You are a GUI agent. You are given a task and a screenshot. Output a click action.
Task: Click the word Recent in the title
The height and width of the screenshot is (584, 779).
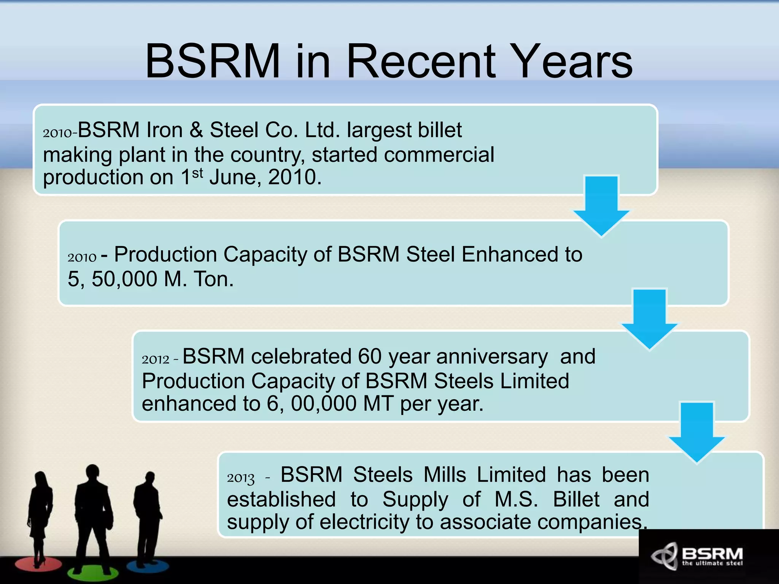[421, 61]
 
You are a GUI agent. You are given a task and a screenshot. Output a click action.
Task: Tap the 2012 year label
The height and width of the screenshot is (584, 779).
[155, 359]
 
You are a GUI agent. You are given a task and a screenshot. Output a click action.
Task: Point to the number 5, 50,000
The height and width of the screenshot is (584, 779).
[112, 279]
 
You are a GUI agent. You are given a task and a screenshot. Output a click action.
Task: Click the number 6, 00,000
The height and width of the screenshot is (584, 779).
[312, 404]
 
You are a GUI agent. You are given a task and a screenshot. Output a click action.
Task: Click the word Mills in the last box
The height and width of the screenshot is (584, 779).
[445, 475]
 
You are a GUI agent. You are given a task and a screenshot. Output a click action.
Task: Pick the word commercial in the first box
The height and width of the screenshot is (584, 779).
[439, 155]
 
